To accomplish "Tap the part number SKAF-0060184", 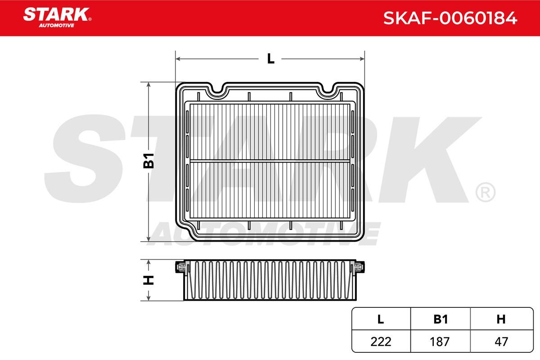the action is (x=450, y=18).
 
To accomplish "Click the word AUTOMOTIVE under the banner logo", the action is (x=57, y=26).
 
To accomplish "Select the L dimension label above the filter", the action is (x=271, y=58).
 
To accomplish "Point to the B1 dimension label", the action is (x=148, y=161).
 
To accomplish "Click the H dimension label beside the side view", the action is (x=148, y=280).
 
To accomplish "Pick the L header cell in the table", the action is (x=381, y=319).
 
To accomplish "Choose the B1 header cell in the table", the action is (x=441, y=319).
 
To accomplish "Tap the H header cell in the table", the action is (x=501, y=319).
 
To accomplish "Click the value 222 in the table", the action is (x=381, y=342).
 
